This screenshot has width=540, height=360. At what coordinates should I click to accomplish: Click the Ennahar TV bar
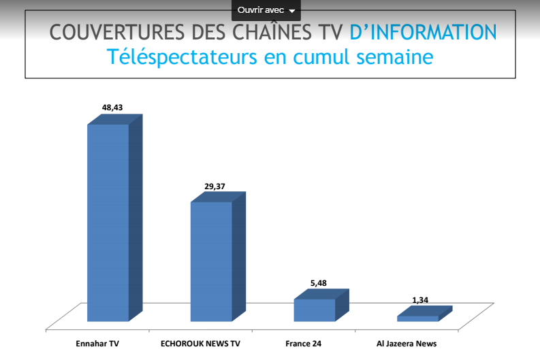pyautogui.click(x=108, y=221)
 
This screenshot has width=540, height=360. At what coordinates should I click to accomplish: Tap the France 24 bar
pyautogui.click(x=315, y=310)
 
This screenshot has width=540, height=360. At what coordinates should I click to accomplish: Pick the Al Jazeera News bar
pyautogui.click(x=418, y=318)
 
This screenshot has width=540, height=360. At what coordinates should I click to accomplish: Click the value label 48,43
pyautogui.click(x=112, y=107)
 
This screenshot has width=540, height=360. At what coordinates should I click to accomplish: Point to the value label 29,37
pyautogui.click(x=215, y=186)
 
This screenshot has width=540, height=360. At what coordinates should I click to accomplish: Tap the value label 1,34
pyautogui.click(x=420, y=300)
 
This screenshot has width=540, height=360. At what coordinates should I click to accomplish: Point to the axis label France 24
pyautogui.click(x=303, y=344)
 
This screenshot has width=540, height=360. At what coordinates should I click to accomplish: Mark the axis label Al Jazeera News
pyautogui.click(x=407, y=344)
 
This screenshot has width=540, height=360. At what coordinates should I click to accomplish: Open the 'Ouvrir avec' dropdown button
pyautogui.click(x=266, y=10)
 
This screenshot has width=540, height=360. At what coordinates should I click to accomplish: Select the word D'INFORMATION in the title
pyautogui.click(x=423, y=32)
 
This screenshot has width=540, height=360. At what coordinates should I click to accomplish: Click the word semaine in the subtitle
pyautogui.click(x=395, y=57)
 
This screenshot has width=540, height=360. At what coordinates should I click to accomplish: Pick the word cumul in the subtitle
pyautogui.click(x=322, y=57)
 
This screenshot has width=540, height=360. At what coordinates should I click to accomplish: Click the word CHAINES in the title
pyautogui.click(x=269, y=32)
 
